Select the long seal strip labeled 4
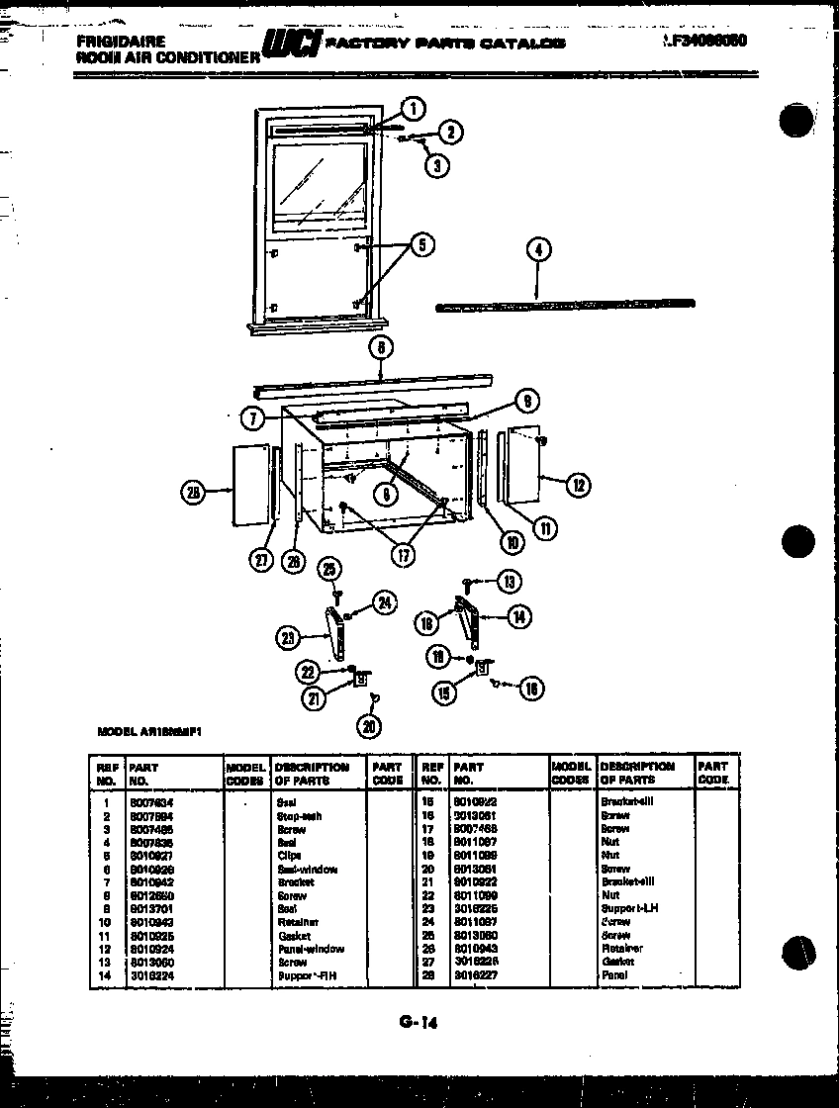point(564,305)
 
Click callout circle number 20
point(370,727)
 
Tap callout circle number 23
point(288,638)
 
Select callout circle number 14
point(518,616)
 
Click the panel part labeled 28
point(248,485)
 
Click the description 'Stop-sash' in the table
point(299,816)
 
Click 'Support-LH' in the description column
point(628,908)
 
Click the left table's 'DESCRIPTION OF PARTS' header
point(312,773)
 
